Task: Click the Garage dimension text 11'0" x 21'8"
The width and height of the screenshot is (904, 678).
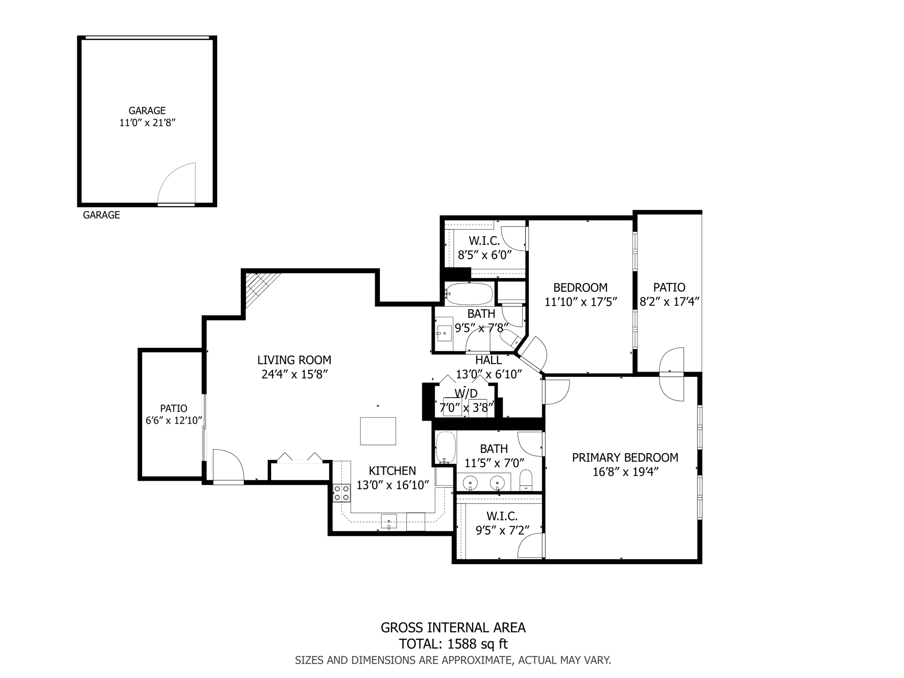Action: tap(147, 123)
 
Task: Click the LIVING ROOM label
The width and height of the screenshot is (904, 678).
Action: tap(294, 360)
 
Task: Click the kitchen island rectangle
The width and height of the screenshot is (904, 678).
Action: tap(378, 431)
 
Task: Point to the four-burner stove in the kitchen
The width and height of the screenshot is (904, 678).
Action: tap(342, 493)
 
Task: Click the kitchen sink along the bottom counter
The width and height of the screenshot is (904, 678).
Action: tap(389, 522)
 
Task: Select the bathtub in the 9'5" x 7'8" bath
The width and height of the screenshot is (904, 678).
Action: tap(468, 294)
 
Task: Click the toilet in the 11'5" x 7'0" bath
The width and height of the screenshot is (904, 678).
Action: tap(526, 480)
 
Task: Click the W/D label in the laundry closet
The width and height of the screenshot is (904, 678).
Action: tap(466, 393)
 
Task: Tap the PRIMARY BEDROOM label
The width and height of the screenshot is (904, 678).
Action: tap(625, 457)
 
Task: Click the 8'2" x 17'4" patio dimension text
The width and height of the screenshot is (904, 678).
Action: tap(670, 302)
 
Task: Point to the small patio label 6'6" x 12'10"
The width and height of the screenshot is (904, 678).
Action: tap(174, 421)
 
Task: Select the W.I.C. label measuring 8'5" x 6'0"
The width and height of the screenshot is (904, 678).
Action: tap(484, 241)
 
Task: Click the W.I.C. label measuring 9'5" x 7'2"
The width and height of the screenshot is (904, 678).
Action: tap(502, 516)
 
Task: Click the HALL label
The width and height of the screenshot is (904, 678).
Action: tap(488, 360)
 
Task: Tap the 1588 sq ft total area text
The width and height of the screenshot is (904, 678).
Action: tap(478, 644)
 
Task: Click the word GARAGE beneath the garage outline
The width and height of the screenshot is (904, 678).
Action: tap(102, 215)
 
